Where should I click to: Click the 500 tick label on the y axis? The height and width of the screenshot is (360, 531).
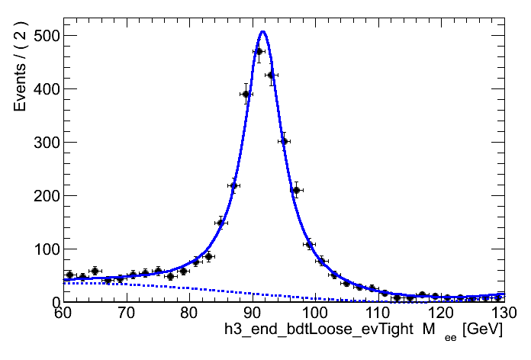(x=41, y=36)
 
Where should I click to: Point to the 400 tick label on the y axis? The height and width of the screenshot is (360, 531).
(x=41, y=89)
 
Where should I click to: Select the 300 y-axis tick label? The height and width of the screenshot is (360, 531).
(x=41, y=143)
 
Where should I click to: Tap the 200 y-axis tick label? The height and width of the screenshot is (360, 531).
(x=41, y=196)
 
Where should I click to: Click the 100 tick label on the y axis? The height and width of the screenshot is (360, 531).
(x=41, y=249)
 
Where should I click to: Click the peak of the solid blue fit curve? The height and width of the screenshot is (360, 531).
(x=262, y=32)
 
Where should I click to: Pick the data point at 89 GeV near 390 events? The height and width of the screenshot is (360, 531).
(x=246, y=95)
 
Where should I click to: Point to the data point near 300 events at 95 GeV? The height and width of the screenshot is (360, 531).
(x=283, y=141)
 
